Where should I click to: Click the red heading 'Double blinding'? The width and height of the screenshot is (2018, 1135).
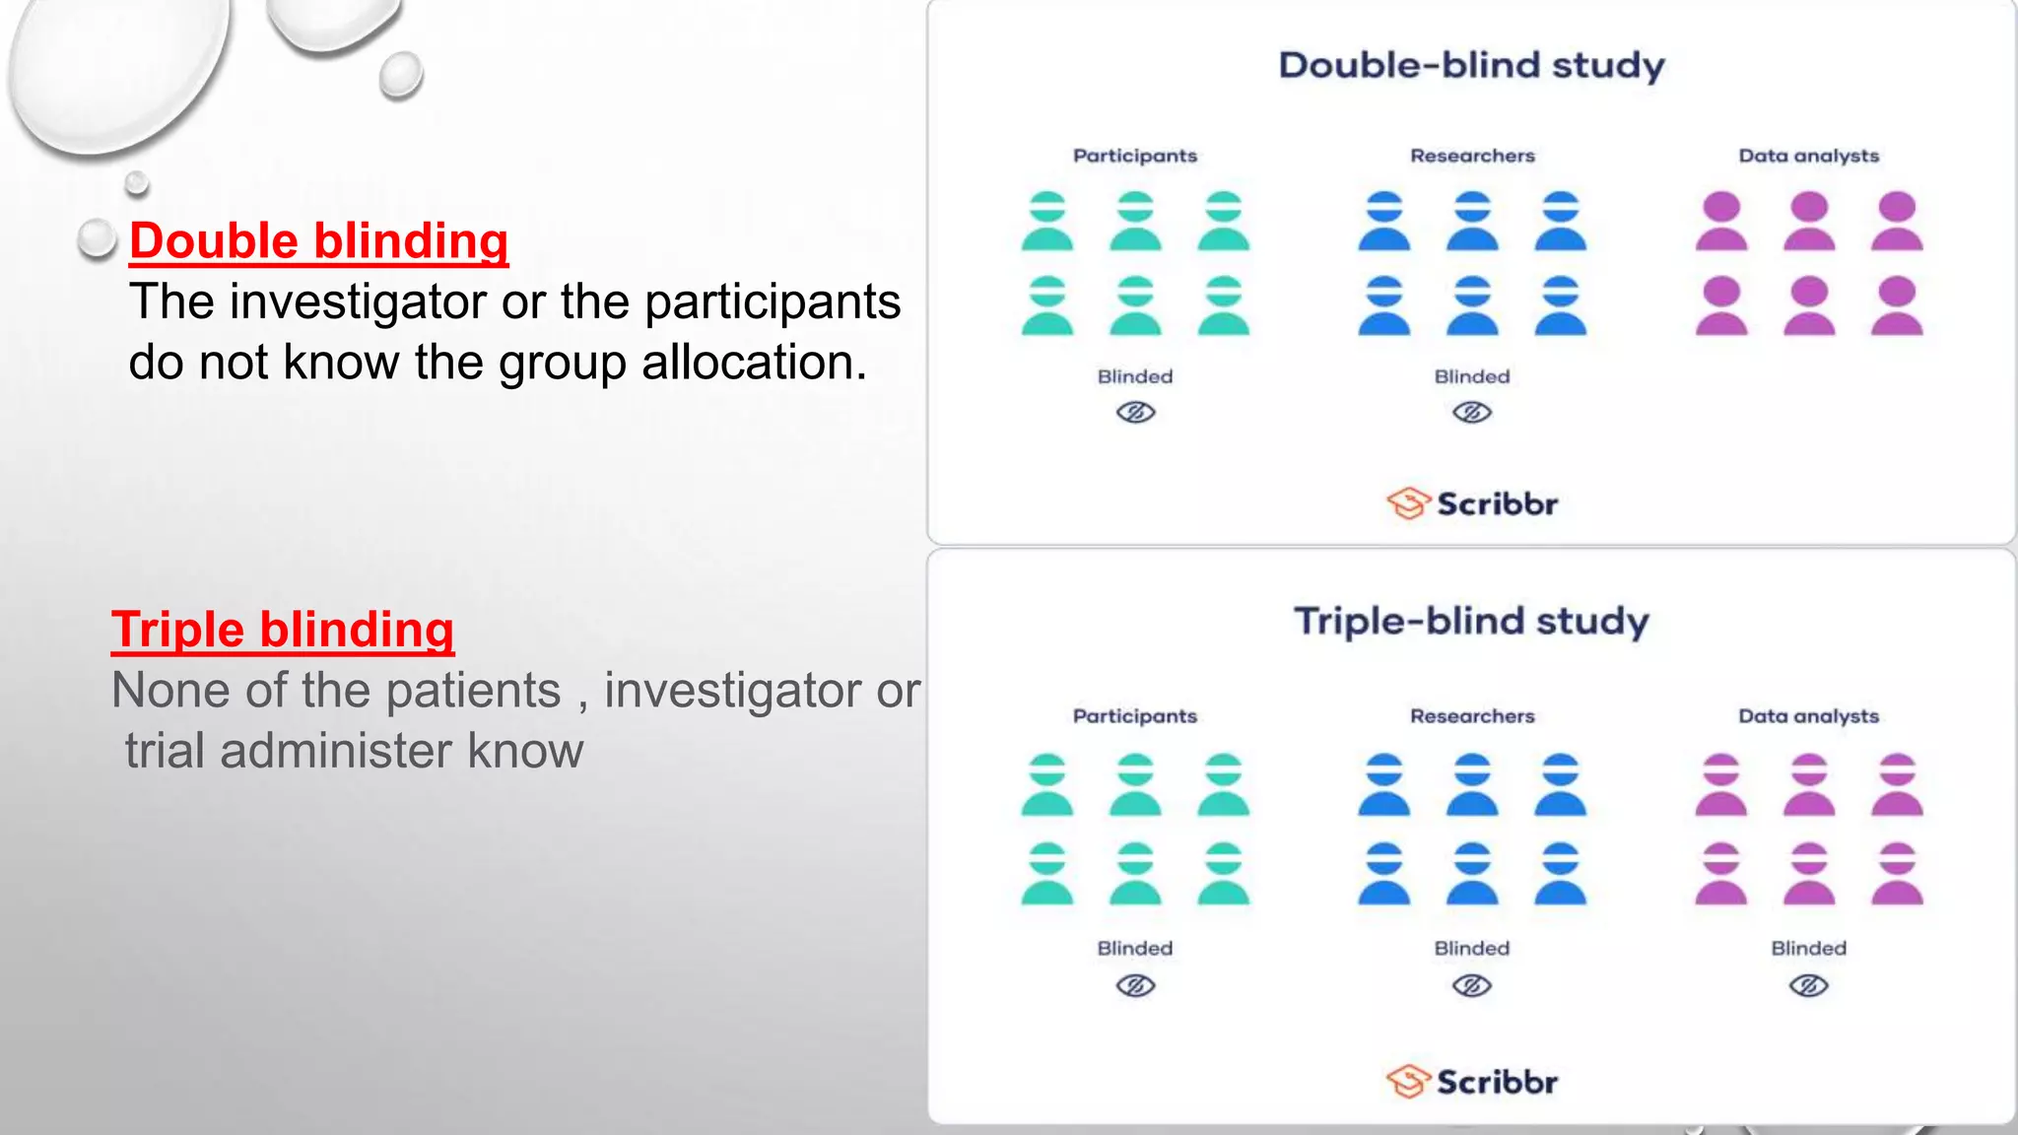pyautogui.click(x=318, y=241)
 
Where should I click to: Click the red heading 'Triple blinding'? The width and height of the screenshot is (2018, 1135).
pyautogui.click(x=283, y=630)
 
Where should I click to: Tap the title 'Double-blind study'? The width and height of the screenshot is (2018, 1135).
pyautogui.click(x=1471, y=66)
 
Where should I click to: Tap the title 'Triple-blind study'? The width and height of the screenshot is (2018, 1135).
pyautogui.click(x=1471, y=622)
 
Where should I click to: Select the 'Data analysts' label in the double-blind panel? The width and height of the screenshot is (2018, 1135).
pyautogui.click(x=1808, y=156)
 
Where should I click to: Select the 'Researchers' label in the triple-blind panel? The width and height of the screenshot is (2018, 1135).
pyautogui.click(x=1472, y=716)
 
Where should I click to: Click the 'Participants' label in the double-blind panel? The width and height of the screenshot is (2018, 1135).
pyautogui.click(x=1135, y=156)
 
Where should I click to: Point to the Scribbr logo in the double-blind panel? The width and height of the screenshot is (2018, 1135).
pyautogui.click(x=1472, y=503)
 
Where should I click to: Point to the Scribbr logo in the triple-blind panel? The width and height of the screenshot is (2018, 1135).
pyautogui.click(x=1472, y=1082)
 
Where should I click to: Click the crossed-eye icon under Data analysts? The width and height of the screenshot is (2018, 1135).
pyautogui.click(x=1808, y=986)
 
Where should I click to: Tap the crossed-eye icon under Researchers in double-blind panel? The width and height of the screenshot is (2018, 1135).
pyautogui.click(x=1472, y=412)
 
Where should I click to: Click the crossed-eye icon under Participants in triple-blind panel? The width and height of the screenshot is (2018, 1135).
pyautogui.click(x=1135, y=986)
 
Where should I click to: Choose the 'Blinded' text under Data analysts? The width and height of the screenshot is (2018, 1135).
pyautogui.click(x=1808, y=948)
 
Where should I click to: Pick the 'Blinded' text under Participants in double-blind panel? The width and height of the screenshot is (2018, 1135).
pyautogui.click(x=1135, y=376)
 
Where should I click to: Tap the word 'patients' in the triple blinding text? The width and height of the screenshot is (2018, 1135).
pyautogui.click(x=473, y=690)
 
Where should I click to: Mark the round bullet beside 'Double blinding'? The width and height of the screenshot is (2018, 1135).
pyautogui.click(x=97, y=238)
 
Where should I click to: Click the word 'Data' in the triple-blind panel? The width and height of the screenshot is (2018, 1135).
pyautogui.click(x=1763, y=716)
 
